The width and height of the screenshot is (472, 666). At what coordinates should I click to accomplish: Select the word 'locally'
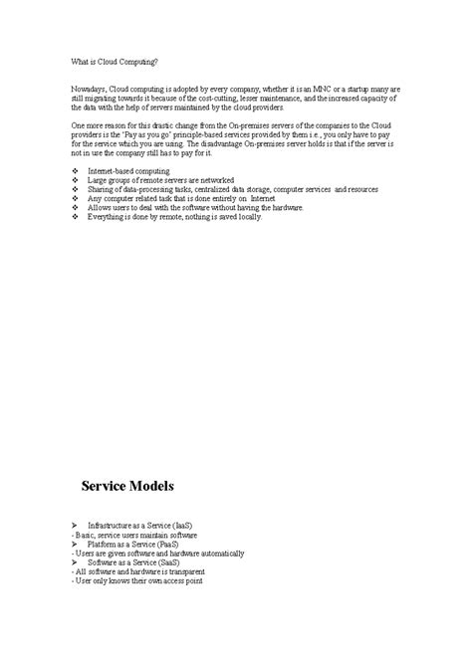tap(247, 216)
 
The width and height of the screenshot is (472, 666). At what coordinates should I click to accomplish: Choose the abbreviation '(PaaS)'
tap(167, 545)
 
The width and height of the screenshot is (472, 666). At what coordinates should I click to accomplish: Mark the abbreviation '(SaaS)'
tap(167, 562)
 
